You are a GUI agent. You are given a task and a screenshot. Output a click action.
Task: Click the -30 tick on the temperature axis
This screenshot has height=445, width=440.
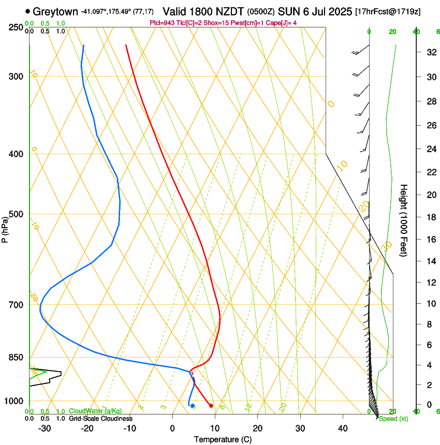[45, 428]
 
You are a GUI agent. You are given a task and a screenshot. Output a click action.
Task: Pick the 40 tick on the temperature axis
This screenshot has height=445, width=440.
[342, 428]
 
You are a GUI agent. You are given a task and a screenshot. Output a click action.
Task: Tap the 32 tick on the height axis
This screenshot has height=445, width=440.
[430, 52]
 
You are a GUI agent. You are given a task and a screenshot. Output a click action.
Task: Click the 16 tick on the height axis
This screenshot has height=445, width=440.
[430, 240]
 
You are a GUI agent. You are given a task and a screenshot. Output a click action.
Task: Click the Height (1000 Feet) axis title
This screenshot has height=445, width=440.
[404, 220]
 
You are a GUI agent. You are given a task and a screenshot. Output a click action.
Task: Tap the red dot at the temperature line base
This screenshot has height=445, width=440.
[211, 406]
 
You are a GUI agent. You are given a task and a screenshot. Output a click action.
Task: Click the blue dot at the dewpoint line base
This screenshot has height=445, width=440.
[193, 406]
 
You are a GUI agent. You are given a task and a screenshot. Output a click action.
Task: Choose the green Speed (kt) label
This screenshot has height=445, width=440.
[393, 419]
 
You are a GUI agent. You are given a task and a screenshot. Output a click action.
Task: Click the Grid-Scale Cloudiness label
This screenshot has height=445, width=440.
[100, 418]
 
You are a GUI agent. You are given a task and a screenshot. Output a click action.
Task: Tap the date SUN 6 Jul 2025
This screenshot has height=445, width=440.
[315, 11]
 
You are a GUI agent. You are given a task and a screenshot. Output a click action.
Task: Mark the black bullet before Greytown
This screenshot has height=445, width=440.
[27, 11]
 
